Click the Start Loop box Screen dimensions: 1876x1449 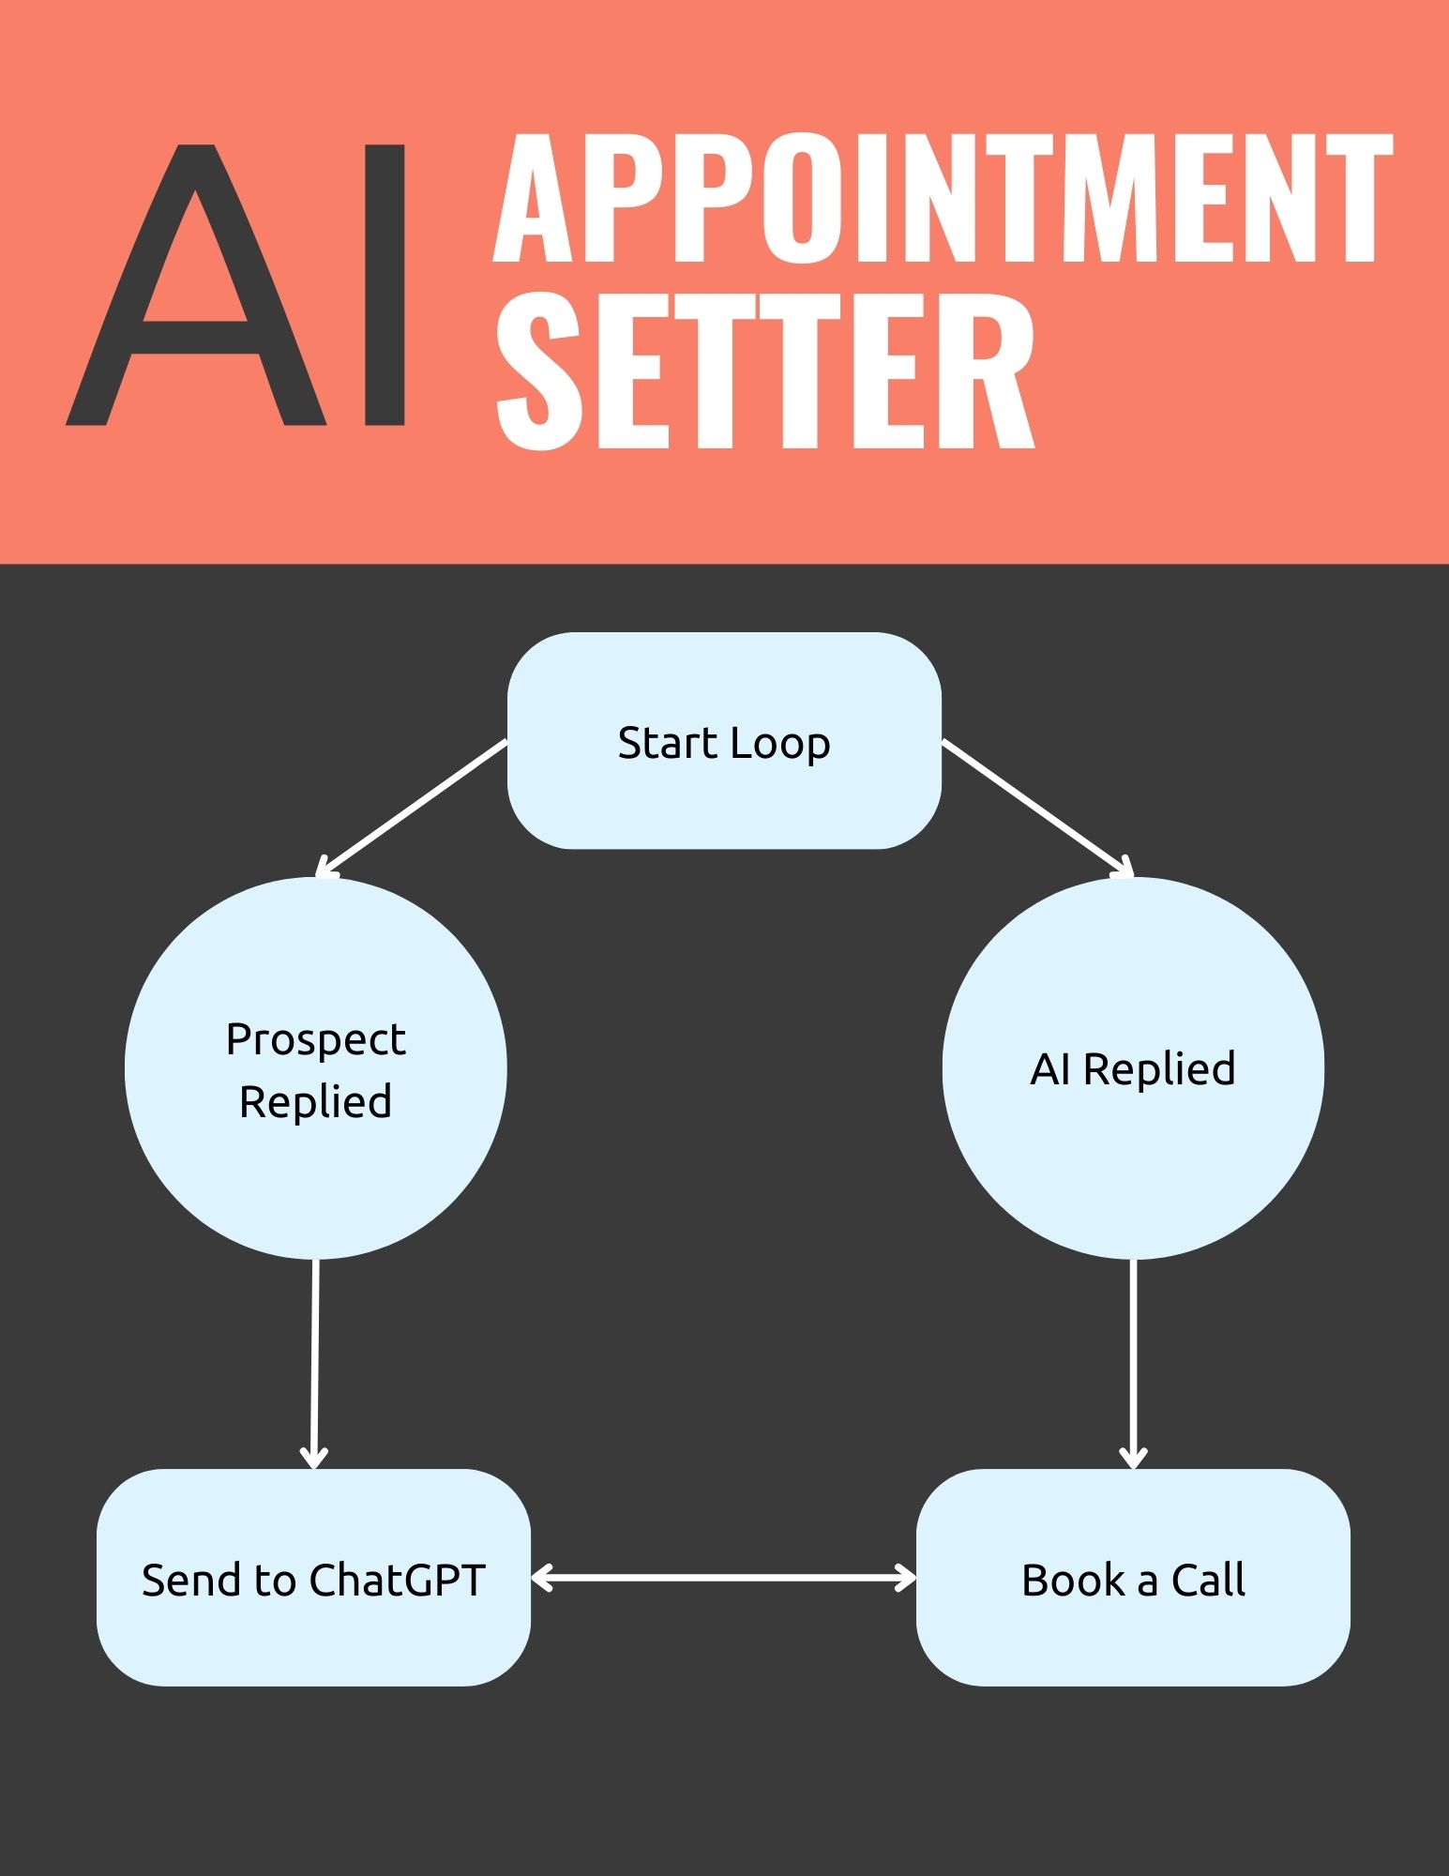[724, 741]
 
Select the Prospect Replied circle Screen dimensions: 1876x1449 [316, 1068]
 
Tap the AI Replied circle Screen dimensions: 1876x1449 [1133, 1068]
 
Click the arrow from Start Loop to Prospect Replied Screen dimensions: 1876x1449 [413, 808]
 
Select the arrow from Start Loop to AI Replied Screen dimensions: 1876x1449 [1037, 808]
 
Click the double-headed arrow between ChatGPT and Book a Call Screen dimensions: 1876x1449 [724, 1578]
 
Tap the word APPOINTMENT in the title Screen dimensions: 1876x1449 [943, 199]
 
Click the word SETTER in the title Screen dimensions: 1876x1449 [765, 371]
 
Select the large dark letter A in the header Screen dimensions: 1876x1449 [196, 285]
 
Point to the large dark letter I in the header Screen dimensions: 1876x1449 [385, 285]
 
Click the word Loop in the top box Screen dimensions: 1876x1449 [780, 744]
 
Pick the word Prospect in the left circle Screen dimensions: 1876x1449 [316, 1040]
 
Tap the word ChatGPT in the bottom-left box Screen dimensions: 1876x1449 [398, 1580]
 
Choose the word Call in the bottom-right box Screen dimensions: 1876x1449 [1209, 1580]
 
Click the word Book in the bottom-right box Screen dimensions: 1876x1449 [1074, 1580]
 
